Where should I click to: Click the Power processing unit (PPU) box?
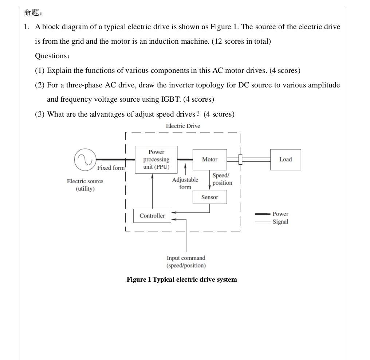tap(156, 159)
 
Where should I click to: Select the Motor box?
tap(209, 159)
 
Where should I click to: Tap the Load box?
tap(286, 159)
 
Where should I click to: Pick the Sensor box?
tap(209, 197)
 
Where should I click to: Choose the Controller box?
tap(152, 216)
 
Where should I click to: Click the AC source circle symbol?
tap(85, 160)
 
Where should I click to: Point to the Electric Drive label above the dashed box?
tap(183, 126)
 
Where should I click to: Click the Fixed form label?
tap(111, 168)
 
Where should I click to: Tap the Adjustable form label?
tap(185, 183)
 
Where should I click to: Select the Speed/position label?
tap(222, 179)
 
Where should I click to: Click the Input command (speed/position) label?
tap(186, 262)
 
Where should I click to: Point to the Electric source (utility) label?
tap(85, 185)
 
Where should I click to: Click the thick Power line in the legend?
tap(262, 214)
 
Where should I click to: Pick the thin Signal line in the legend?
tap(262, 222)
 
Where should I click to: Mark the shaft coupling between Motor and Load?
tap(240, 159)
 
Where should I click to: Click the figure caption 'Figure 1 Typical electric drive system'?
tap(182, 279)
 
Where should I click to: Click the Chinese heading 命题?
tap(32, 13)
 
